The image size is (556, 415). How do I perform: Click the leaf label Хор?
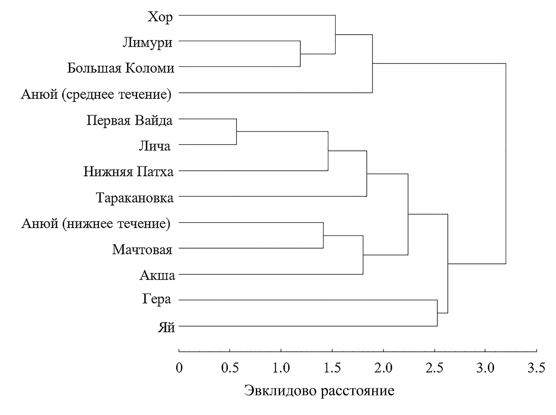point(160,17)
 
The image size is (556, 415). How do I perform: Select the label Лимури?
point(148,43)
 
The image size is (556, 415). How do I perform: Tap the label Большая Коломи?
point(121,68)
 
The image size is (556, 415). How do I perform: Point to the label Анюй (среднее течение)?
point(96,94)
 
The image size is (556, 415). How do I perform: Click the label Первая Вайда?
point(130,120)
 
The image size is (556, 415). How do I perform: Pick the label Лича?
point(155,146)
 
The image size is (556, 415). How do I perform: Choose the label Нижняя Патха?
point(128,172)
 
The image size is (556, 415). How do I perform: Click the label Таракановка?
point(135,198)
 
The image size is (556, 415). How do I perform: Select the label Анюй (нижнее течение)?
point(96,224)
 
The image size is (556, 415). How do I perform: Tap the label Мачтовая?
point(142,250)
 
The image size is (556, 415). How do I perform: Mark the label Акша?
point(158,275)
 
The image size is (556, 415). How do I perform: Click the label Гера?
point(156,299)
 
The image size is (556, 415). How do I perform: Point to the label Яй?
point(166,327)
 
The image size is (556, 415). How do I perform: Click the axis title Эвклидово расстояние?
point(319,390)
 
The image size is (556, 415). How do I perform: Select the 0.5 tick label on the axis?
point(229,367)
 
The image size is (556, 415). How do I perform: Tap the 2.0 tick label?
point(383,367)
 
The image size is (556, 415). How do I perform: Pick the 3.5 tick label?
point(536,367)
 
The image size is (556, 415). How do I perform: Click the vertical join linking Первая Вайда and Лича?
point(236,132)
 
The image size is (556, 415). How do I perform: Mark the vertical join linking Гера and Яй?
point(437,313)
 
